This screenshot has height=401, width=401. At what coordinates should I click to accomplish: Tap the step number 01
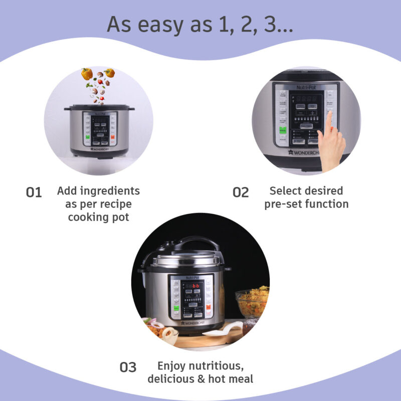(x=34, y=192)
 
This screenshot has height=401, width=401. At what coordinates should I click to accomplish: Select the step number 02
(x=241, y=192)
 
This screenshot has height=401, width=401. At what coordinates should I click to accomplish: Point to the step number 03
(x=128, y=367)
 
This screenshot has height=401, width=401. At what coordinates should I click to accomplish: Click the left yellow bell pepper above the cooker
(x=87, y=74)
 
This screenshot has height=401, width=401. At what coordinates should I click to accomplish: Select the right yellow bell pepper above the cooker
(x=110, y=73)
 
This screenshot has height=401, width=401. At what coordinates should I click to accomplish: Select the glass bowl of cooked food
(x=252, y=303)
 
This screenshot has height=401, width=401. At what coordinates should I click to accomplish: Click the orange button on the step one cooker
(x=113, y=137)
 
